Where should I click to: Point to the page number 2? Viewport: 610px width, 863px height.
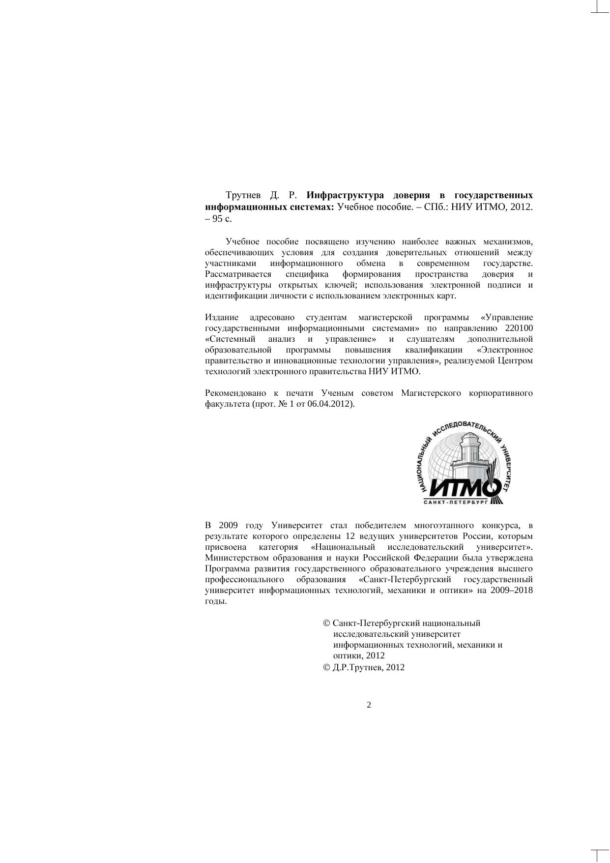tap(369, 705)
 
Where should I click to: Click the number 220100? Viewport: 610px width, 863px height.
tap(519, 328)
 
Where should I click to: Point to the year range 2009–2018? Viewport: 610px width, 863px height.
tap(511, 591)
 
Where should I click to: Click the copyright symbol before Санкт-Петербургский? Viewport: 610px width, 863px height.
tap(326, 624)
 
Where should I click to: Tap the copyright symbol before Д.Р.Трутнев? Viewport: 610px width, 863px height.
tap(326, 668)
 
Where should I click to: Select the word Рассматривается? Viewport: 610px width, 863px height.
tap(238, 274)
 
